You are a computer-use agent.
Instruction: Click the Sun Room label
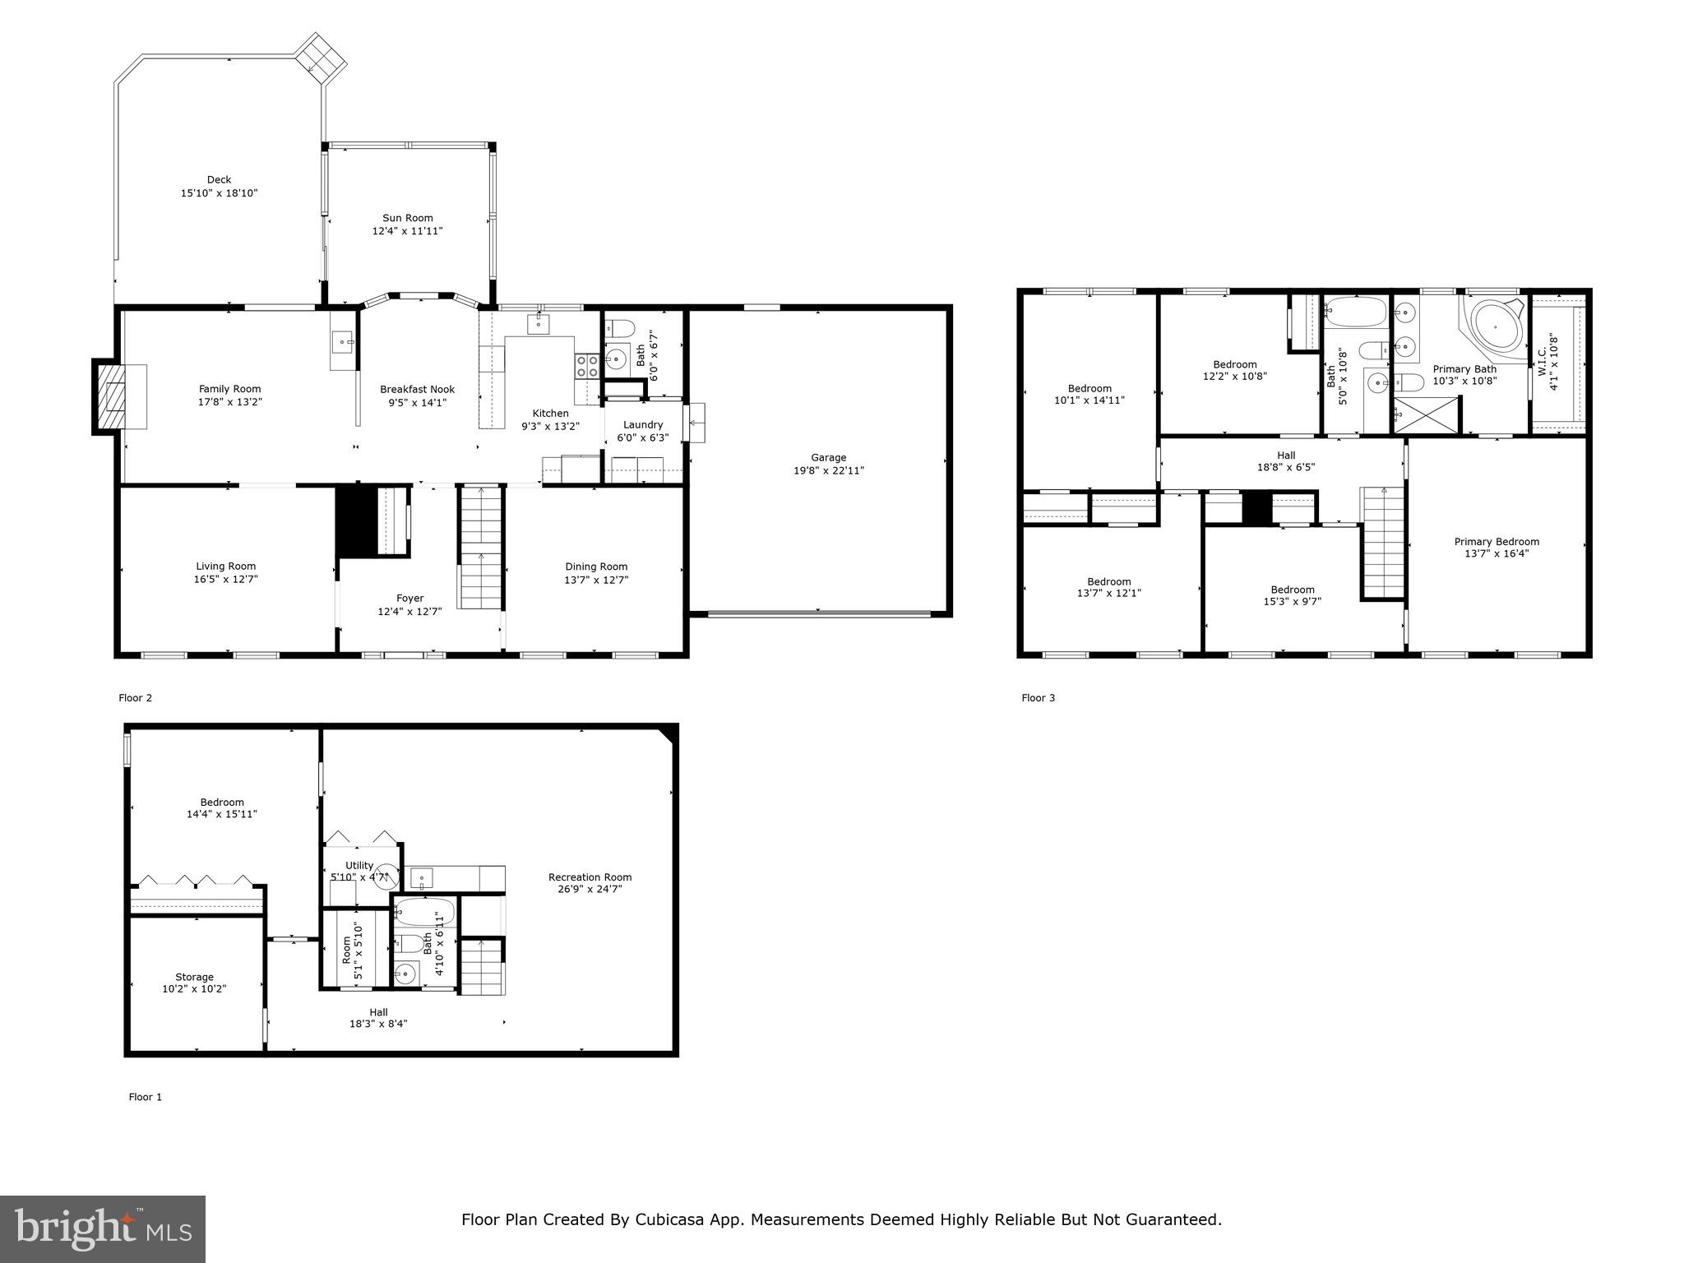pos(407,218)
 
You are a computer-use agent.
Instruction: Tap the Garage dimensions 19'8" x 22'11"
pos(828,471)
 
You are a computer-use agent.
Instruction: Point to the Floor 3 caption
pos(1038,698)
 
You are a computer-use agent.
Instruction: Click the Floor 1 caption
pos(145,1097)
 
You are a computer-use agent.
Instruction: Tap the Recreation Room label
pos(590,877)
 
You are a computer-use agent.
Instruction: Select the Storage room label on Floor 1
pos(194,977)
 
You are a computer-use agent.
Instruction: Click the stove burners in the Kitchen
pos(587,366)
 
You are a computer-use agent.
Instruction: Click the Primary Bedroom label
pos(1497,542)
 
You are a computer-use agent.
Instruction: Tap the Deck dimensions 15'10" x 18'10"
pos(219,193)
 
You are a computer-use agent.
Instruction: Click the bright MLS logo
pos(103,1228)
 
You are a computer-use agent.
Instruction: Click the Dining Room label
pos(596,567)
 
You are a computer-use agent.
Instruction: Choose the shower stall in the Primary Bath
pos(1426,414)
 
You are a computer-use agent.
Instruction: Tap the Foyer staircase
pos(480,547)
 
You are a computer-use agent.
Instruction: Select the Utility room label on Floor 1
pos(359,865)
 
